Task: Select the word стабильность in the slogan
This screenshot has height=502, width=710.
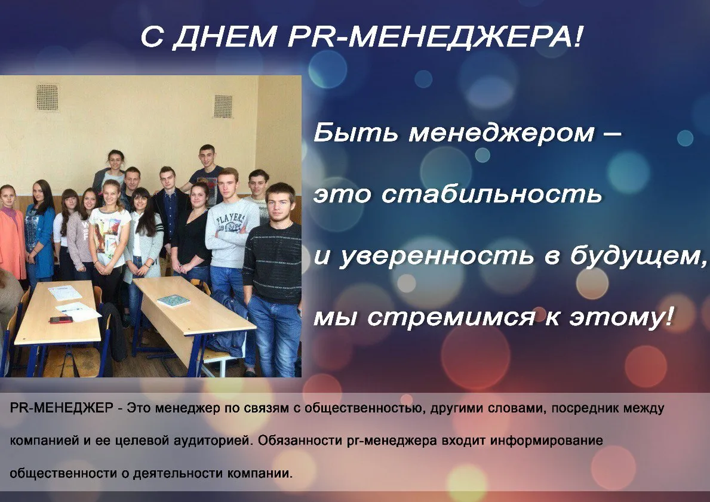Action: click(492, 194)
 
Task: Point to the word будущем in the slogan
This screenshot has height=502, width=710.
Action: click(637, 255)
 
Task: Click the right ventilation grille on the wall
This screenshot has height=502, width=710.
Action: click(223, 106)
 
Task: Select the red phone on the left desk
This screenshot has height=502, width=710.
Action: click(61, 320)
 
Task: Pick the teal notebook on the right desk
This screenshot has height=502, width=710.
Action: click(173, 301)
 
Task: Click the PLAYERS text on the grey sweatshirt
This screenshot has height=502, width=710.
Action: click(231, 220)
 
